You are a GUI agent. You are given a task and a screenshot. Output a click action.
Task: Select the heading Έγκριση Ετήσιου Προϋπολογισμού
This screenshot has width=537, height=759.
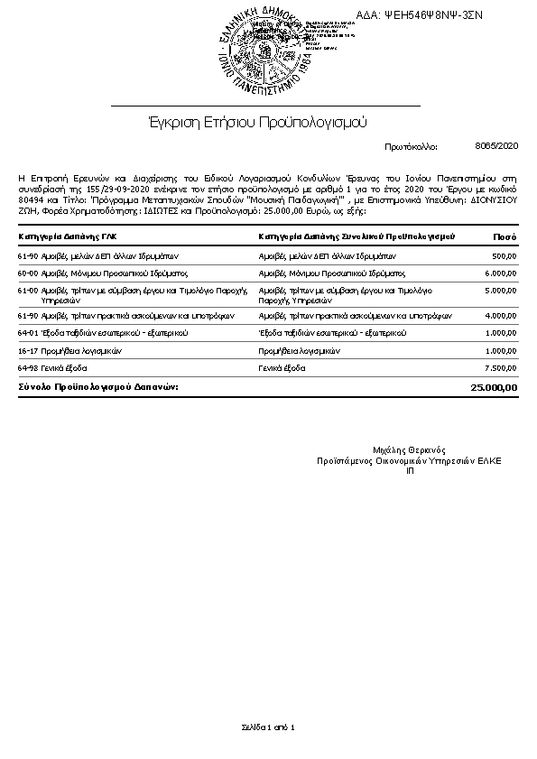click(x=257, y=121)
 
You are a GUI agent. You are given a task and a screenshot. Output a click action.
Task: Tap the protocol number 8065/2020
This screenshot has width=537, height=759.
click(x=496, y=144)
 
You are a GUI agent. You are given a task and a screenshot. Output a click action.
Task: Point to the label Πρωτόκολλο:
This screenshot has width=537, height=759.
click(x=411, y=145)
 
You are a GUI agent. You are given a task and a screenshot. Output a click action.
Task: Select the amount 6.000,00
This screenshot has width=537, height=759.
click(x=501, y=272)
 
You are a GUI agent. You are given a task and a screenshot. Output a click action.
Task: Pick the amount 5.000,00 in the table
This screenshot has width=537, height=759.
click(x=501, y=291)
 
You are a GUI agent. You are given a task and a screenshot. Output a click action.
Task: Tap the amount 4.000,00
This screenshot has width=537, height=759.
click(x=501, y=316)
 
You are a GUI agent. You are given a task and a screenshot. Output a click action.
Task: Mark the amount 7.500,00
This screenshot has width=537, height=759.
click(x=501, y=368)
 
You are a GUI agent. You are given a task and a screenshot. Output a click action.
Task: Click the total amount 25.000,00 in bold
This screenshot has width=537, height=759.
click(x=495, y=387)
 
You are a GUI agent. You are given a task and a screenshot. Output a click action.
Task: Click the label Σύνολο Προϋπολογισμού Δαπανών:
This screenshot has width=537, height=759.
click(x=98, y=386)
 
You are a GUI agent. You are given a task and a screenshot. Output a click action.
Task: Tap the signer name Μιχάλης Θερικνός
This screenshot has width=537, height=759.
click(x=409, y=449)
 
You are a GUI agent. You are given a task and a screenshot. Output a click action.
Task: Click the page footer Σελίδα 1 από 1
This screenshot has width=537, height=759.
click(x=268, y=727)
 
